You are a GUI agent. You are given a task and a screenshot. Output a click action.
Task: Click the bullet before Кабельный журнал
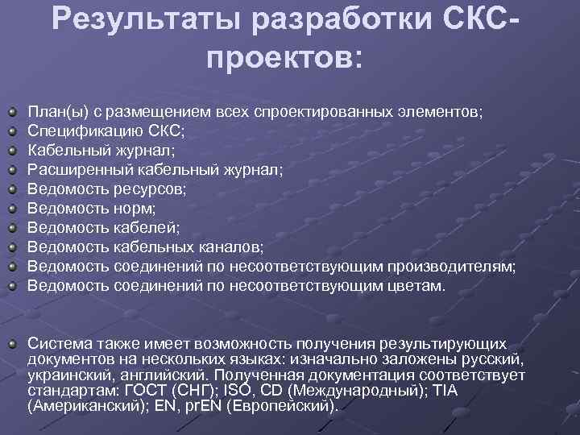pos(13,149)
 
